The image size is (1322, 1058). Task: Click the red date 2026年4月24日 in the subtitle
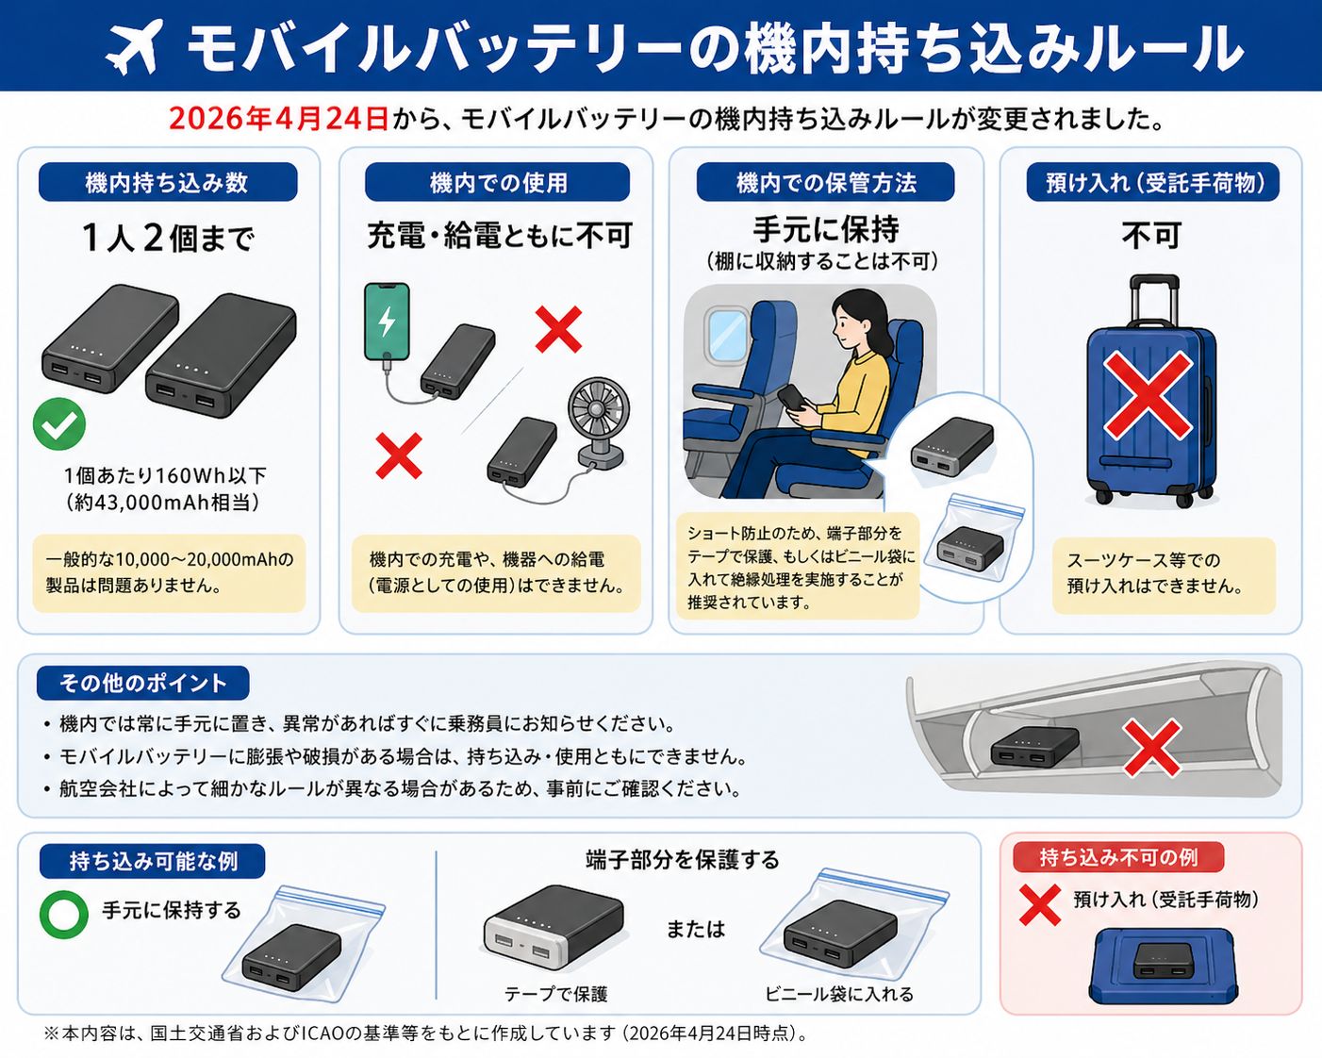pos(278,119)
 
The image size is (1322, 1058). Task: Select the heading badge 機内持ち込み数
pos(168,183)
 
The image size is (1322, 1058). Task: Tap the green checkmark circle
pos(59,423)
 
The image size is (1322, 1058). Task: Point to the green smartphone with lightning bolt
pos(387,322)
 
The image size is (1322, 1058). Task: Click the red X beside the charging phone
pos(558,330)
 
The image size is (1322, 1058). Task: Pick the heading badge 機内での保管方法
pos(826,183)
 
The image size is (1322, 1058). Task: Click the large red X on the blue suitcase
pos(1148,396)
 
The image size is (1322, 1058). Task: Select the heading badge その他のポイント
pos(143,684)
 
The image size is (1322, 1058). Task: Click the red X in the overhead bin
pos(1152,749)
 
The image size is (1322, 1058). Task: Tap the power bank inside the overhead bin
pos(1034,747)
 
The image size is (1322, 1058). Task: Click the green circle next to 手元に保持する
pos(64,915)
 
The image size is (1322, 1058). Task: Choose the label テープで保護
pos(556,995)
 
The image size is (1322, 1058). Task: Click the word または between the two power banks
pos(696,930)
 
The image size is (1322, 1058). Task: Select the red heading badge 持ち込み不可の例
pos(1118,857)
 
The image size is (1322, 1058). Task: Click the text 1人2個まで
pos(168,239)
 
